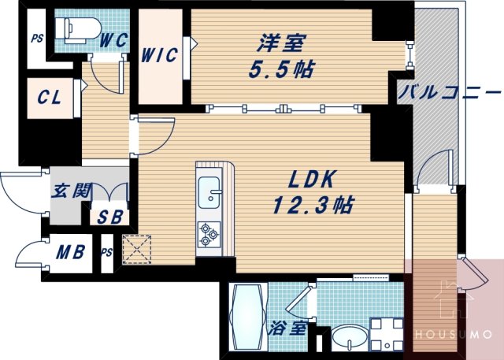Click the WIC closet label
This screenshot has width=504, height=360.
click(160, 56)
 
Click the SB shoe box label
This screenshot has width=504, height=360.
click(110, 217)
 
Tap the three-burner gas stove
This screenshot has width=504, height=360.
click(209, 233)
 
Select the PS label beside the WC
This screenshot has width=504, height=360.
click(36, 38)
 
